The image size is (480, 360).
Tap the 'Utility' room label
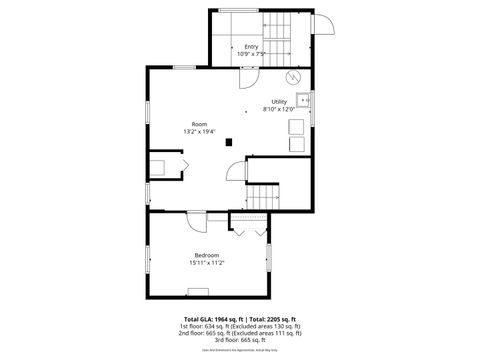pos(280,102)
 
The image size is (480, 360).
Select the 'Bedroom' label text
pos(207,256)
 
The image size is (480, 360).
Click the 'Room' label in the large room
pos(199,124)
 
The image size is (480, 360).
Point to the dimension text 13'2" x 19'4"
pos(199,132)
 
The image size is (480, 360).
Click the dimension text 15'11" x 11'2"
pos(207,264)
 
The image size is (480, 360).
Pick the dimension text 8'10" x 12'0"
pos(280,110)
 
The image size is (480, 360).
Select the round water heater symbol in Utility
pos(293,76)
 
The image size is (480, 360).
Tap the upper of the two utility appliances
pos(297,126)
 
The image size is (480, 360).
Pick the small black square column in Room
pos(229,141)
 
